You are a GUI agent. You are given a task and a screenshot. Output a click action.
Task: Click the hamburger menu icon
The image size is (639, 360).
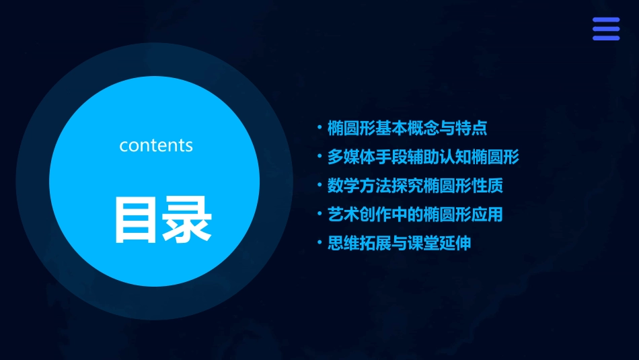tap(605, 28)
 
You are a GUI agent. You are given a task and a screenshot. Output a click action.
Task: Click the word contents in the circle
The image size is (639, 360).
tap(156, 145)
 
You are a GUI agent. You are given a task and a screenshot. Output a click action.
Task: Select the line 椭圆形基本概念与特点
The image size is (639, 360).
tap(407, 127)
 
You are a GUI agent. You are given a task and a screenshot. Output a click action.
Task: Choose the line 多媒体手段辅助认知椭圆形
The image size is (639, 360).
tap(423, 157)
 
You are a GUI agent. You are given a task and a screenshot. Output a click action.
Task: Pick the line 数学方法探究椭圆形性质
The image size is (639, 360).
tap(415, 186)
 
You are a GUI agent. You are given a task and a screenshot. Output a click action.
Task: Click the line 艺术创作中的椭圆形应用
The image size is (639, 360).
tap(415, 215)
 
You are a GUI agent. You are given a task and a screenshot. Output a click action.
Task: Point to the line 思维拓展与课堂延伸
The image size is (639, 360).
tap(399, 244)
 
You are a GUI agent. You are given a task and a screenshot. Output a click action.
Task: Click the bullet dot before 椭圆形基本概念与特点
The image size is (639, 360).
tap(319, 127)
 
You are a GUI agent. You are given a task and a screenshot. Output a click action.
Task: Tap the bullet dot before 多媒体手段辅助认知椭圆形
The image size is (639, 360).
tap(319, 156)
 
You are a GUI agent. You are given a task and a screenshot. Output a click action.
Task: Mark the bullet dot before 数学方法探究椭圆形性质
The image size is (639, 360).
tap(319, 185)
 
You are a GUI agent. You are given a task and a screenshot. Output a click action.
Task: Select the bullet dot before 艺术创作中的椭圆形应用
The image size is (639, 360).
tap(319, 214)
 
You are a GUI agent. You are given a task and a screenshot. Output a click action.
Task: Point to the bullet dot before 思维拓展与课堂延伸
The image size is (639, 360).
tap(319, 243)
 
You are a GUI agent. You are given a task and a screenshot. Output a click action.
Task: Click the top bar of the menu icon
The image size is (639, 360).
tap(605, 20)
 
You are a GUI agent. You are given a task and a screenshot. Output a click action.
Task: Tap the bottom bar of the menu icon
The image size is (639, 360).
tap(605, 38)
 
